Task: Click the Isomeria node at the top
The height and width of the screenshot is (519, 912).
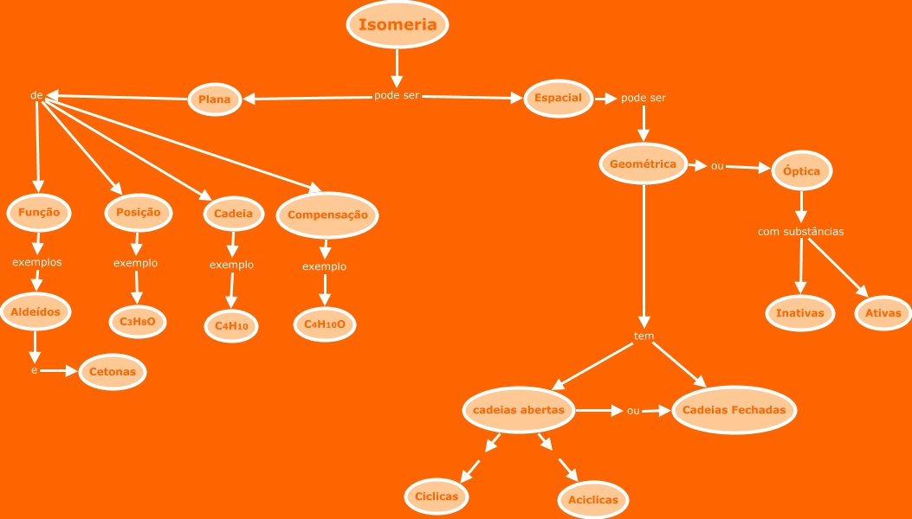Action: (398, 25)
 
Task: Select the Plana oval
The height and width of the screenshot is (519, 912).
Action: (215, 99)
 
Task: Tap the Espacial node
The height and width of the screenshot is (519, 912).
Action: (558, 98)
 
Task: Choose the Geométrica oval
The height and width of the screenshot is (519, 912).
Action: (644, 163)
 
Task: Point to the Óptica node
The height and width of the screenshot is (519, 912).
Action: (801, 171)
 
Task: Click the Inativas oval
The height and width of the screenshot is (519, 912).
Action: (800, 313)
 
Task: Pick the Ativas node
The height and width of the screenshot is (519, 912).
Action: (883, 313)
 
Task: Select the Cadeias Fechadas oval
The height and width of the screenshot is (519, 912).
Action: (734, 410)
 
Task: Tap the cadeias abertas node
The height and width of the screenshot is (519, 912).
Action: (519, 410)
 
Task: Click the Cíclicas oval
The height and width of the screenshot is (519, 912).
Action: (437, 497)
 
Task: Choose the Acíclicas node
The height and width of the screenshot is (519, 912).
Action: (593, 500)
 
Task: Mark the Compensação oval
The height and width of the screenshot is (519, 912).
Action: (327, 215)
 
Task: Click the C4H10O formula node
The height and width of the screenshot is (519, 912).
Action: (325, 324)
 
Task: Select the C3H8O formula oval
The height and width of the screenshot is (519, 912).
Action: (138, 322)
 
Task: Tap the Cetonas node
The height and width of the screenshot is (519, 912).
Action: (113, 372)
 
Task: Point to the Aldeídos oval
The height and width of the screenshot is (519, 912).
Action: (36, 311)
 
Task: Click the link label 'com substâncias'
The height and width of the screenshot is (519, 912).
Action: (800, 232)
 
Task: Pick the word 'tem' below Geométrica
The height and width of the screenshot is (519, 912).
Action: (644, 336)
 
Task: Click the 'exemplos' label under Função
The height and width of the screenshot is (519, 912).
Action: (36, 262)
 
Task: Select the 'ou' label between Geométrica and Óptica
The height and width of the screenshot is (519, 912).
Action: (717, 166)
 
